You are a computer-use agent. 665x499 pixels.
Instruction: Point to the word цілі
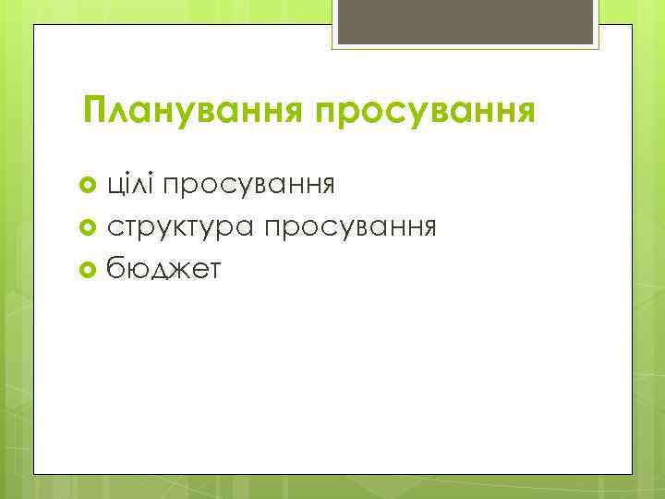[x=131, y=185]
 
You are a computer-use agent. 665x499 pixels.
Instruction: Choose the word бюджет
[x=164, y=268]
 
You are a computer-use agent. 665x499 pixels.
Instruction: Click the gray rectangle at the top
[x=466, y=24]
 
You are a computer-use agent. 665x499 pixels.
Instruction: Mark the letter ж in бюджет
[x=185, y=269]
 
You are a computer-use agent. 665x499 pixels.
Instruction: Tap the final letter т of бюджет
[x=214, y=269]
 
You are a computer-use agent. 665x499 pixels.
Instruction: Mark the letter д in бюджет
[x=162, y=270]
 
